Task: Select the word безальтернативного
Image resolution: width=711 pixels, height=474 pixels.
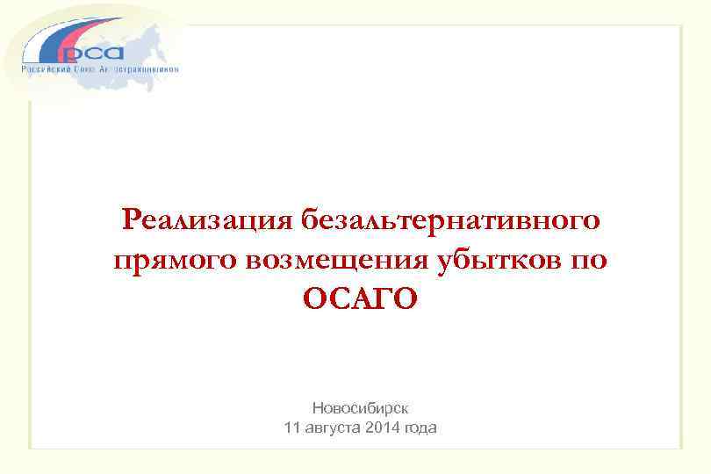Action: (x=451, y=219)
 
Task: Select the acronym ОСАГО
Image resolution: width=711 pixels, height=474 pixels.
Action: (x=360, y=299)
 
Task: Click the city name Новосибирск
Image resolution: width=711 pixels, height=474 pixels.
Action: (x=360, y=408)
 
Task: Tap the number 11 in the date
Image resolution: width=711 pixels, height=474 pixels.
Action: (x=292, y=428)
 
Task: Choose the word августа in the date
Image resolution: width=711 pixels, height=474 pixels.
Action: (x=334, y=428)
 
